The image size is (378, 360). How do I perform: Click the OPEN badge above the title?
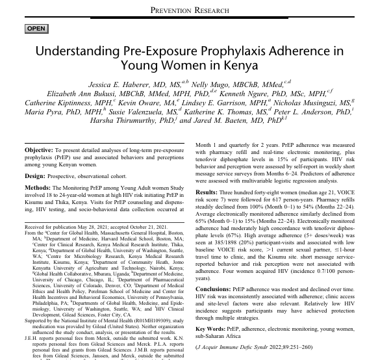[36, 29]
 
